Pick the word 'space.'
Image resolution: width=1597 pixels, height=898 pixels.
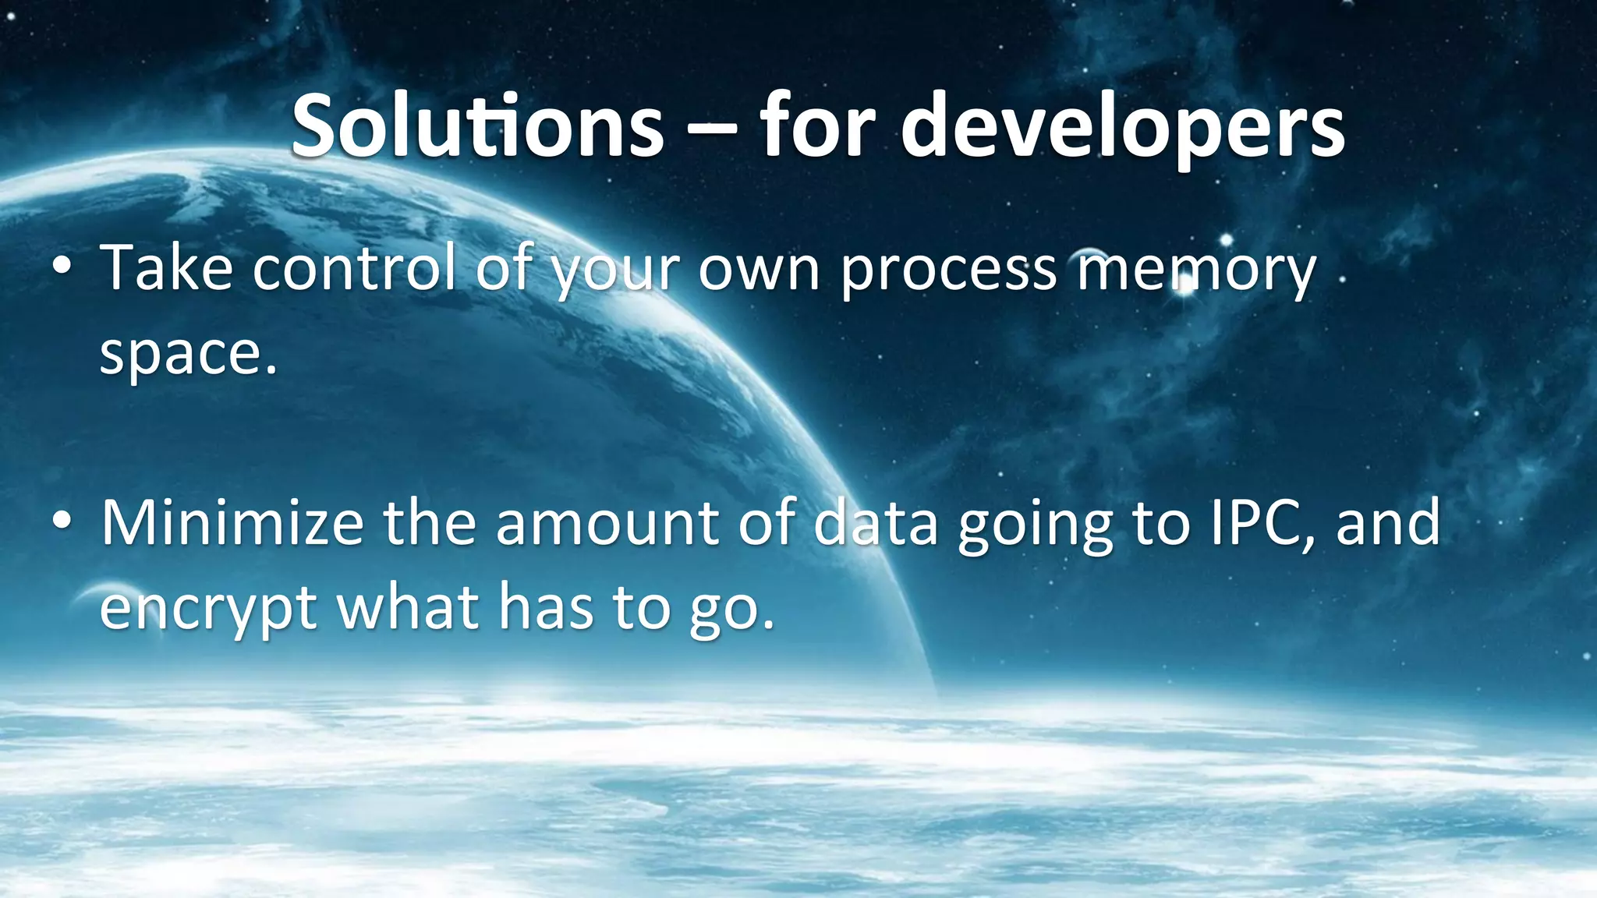tap(188, 355)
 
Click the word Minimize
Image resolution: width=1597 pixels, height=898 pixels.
tap(232, 523)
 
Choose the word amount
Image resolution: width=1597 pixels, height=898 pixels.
tap(606, 523)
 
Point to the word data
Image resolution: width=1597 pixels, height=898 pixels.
tap(874, 523)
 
